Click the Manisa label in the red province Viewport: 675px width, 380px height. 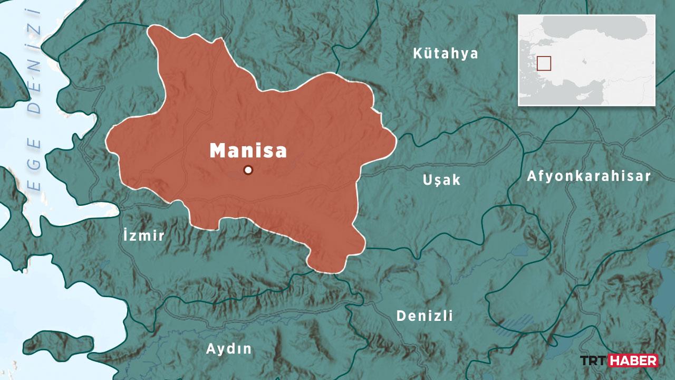coord(248,150)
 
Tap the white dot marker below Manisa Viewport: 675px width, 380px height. coord(248,170)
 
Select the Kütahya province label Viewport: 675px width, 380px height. coord(446,53)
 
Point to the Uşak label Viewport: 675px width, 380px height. coord(441,180)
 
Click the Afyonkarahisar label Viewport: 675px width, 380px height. coord(589,176)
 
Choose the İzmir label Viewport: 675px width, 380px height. coord(143,235)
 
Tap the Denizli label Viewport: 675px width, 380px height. coord(425,316)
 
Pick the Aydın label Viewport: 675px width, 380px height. coord(229,349)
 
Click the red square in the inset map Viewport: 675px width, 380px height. coord(544,63)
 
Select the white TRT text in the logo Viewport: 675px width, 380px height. coord(594,360)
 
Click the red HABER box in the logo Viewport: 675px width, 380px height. coord(633,360)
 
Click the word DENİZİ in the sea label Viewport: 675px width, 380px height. coord(35,61)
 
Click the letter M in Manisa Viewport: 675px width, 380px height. coord(218,150)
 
